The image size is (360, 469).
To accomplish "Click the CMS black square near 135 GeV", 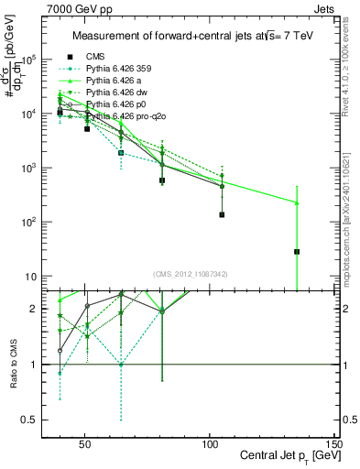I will coord(297,251).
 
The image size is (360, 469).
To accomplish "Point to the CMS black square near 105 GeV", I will coord(222,214).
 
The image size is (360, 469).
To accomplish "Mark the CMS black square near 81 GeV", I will coord(162,180).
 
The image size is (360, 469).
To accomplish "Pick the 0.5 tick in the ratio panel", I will coord(40,420).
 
